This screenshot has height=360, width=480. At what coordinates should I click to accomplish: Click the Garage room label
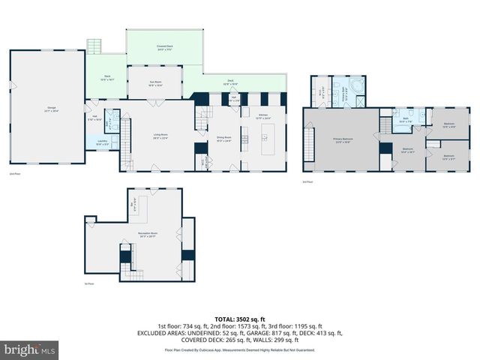52,109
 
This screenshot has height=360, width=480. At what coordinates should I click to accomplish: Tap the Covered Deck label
166,48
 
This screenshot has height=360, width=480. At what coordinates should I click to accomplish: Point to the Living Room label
160,136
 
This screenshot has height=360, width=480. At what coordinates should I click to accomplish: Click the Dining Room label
223,139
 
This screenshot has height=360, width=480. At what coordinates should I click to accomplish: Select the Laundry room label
101,142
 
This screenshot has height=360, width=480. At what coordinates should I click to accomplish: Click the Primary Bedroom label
343,140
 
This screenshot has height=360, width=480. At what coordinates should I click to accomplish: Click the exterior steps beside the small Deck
94,46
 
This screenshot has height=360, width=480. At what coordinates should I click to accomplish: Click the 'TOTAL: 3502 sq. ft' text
240,319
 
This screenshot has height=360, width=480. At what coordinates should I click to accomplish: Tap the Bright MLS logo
30,349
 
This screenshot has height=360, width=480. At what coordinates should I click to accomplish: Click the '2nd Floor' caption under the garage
13,174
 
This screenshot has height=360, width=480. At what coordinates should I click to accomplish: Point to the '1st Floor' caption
89,283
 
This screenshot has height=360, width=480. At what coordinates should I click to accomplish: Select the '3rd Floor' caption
307,181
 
